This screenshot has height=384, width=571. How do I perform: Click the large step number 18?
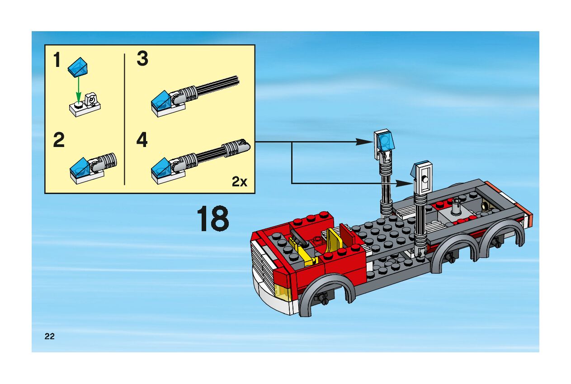(x=213, y=218)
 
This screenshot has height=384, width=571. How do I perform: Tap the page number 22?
(x=49, y=337)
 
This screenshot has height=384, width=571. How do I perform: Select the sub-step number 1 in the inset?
(x=57, y=60)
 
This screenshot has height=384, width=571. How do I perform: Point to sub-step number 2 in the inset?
(x=59, y=140)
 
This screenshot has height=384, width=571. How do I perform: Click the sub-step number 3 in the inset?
(x=142, y=58)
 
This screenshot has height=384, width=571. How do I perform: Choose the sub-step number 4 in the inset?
(x=142, y=140)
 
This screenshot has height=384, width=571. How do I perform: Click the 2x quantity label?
(x=239, y=181)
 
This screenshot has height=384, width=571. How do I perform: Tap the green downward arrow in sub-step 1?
(x=79, y=90)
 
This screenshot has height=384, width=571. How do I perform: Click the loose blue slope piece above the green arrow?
(x=78, y=67)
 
